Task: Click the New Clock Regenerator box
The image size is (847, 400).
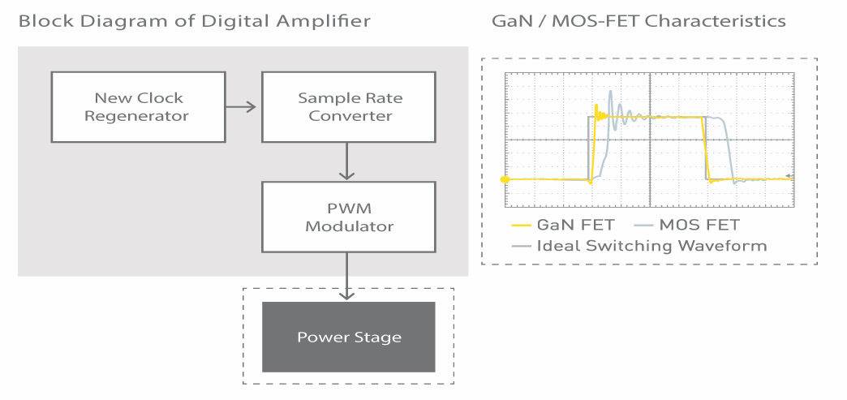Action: pos(138,107)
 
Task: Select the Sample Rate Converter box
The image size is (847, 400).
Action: pos(348,107)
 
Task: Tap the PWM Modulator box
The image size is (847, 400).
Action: pos(348,217)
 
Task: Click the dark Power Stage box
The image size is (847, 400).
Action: pos(348,337)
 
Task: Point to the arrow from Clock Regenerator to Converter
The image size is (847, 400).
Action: pos(240,107)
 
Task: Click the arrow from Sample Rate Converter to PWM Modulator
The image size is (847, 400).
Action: pos(346,161)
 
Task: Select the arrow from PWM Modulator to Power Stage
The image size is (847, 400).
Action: pos(346,276)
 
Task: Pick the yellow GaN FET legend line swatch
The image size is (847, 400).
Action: pos(521,225)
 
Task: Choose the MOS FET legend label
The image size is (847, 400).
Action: pos(699,225)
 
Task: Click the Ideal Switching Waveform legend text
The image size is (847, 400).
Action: pos(651,246)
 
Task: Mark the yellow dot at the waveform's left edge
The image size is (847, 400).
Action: pos(505,179)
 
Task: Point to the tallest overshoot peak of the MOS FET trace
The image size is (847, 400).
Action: pos(610,92)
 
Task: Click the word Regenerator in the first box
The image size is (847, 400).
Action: pos(136,116)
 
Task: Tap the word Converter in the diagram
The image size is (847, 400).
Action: pos(350,116)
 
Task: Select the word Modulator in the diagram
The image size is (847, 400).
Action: pos(349,226)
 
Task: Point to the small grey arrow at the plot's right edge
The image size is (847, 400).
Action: pos(789,176)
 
